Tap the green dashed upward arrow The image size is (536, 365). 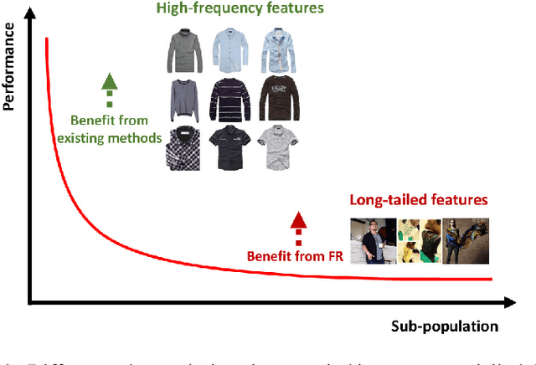(108, 90)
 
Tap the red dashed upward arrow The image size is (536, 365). (297, 225)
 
